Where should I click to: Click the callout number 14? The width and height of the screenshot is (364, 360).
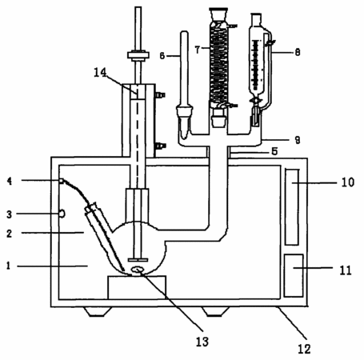(100, 73)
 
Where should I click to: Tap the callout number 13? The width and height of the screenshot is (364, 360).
(202, 342)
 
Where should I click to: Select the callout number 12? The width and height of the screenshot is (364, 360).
(304, 349)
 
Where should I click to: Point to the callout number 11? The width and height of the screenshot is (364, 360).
(346, 270)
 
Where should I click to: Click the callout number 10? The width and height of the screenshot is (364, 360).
(348, 182)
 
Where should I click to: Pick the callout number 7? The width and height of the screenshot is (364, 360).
(198, 50)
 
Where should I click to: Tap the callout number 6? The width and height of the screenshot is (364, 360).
(162, 56)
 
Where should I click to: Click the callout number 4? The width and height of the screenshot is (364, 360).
(10, 182)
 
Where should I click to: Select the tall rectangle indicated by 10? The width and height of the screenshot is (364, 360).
(292, 207)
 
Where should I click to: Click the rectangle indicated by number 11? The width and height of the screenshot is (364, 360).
(294, 275)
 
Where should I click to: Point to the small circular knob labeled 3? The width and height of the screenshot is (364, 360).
(62, 214)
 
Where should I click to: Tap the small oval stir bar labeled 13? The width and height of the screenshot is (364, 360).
(138, 270)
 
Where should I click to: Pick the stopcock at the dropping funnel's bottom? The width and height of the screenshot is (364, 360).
(256, 101)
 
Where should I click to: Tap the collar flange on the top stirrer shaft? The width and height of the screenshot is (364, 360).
(138, 55)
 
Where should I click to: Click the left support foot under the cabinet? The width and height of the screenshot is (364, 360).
(98, 312)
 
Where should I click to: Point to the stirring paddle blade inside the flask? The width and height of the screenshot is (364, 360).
(138, 260)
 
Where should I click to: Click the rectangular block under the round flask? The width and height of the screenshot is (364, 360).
(137, 287)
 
